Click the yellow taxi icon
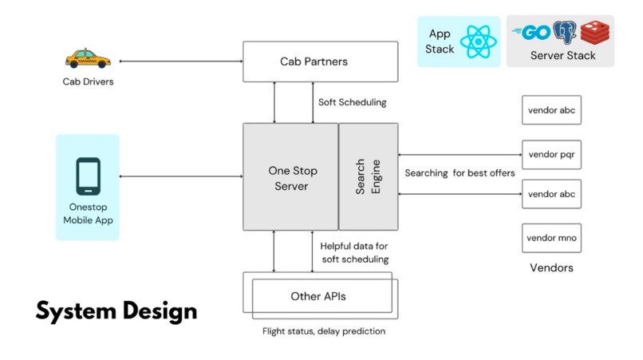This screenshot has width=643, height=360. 86,58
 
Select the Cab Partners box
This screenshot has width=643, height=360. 319,61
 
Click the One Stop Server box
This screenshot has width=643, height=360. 290,176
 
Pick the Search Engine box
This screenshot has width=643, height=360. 369,176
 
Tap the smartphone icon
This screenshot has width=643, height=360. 88,176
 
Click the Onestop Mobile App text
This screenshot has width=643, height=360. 88,213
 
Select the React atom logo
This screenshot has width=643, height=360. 479,41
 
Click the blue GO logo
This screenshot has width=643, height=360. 533,33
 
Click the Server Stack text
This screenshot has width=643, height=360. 562,55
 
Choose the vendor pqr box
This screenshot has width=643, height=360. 551,154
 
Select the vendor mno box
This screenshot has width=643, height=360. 551,238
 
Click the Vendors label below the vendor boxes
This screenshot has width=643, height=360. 551,267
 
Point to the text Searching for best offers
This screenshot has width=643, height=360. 460,172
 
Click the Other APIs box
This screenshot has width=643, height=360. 318,296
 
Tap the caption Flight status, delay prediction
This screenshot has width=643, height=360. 324,330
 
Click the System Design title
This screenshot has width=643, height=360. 116,310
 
